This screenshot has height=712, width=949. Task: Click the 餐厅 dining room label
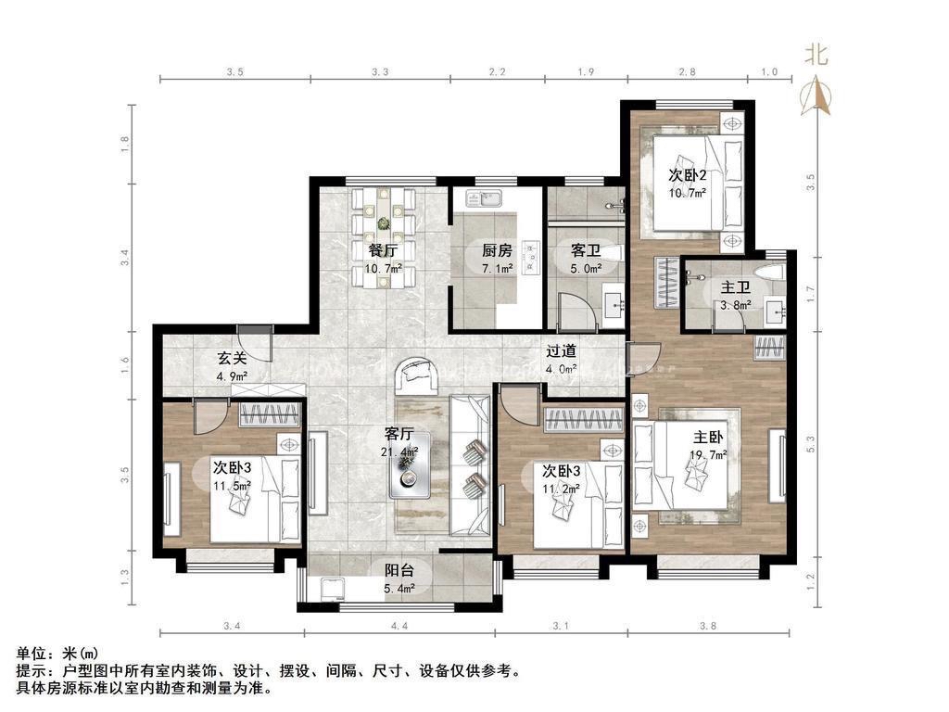point(383,249)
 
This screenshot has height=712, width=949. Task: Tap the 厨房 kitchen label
point(497,249)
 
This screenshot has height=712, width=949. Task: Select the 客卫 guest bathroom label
point(586,250)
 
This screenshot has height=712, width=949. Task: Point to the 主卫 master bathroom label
point(735,287)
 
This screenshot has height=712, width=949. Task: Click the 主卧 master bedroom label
point(708,438)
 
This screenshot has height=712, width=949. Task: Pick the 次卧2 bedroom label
point(688,175)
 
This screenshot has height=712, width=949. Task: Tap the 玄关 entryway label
point(232,358)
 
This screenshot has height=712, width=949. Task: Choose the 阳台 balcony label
point(399,570)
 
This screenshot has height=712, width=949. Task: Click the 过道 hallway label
point(561,351)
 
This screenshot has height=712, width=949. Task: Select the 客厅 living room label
point(399,434)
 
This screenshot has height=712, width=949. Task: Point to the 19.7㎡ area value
point(708,455)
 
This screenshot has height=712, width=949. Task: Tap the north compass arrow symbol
point(816,95)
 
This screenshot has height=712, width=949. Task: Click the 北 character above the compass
point(816,55)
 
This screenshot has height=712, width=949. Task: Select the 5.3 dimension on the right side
point(811,444)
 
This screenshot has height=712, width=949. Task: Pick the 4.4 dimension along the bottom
point(399,626)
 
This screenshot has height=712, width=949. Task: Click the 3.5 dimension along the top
point(234,72)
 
